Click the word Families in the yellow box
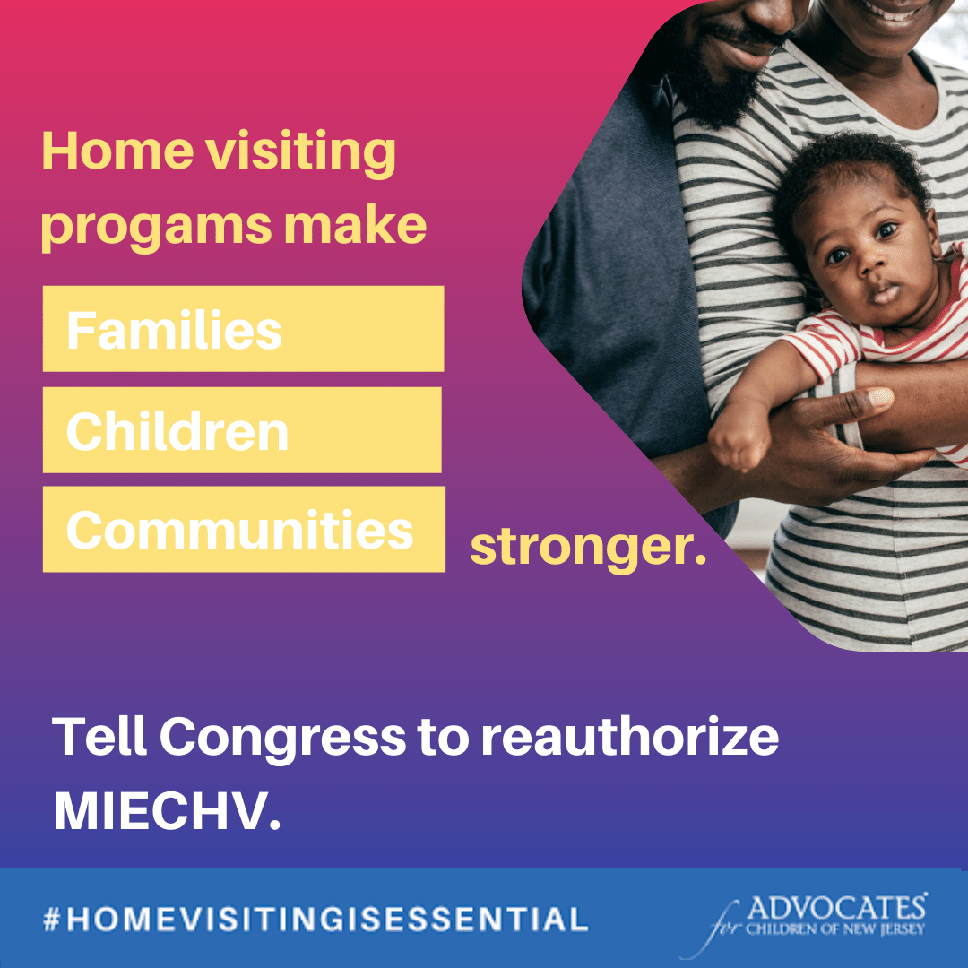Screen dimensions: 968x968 click(x=174, y=331)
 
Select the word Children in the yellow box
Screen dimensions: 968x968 click(x=177, y=432)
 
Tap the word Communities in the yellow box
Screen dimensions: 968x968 click(x=239, y=531)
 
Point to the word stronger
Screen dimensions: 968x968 click(x=588, y=547)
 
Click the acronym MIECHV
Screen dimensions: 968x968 click(x=167, y=810)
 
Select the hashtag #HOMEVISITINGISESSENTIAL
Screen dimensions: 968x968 click(x=315, y=918)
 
